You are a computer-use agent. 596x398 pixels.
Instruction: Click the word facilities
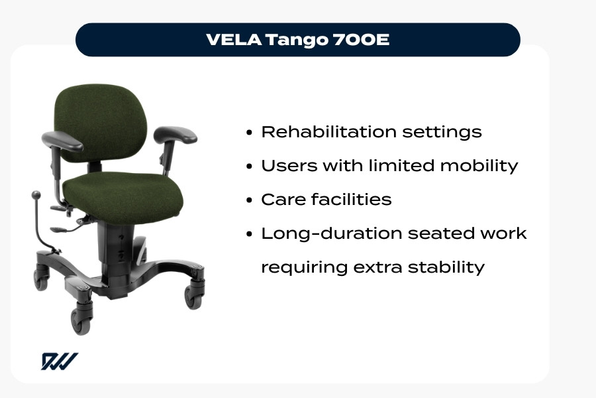pos(352,199)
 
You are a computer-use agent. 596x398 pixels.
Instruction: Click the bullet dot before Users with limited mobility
pos(249,166)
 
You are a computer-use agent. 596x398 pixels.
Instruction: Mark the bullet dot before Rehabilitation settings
pos(249,133)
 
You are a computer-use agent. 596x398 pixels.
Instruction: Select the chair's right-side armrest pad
pos(175,134)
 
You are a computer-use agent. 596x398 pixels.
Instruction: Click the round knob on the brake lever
pos(36,195)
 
